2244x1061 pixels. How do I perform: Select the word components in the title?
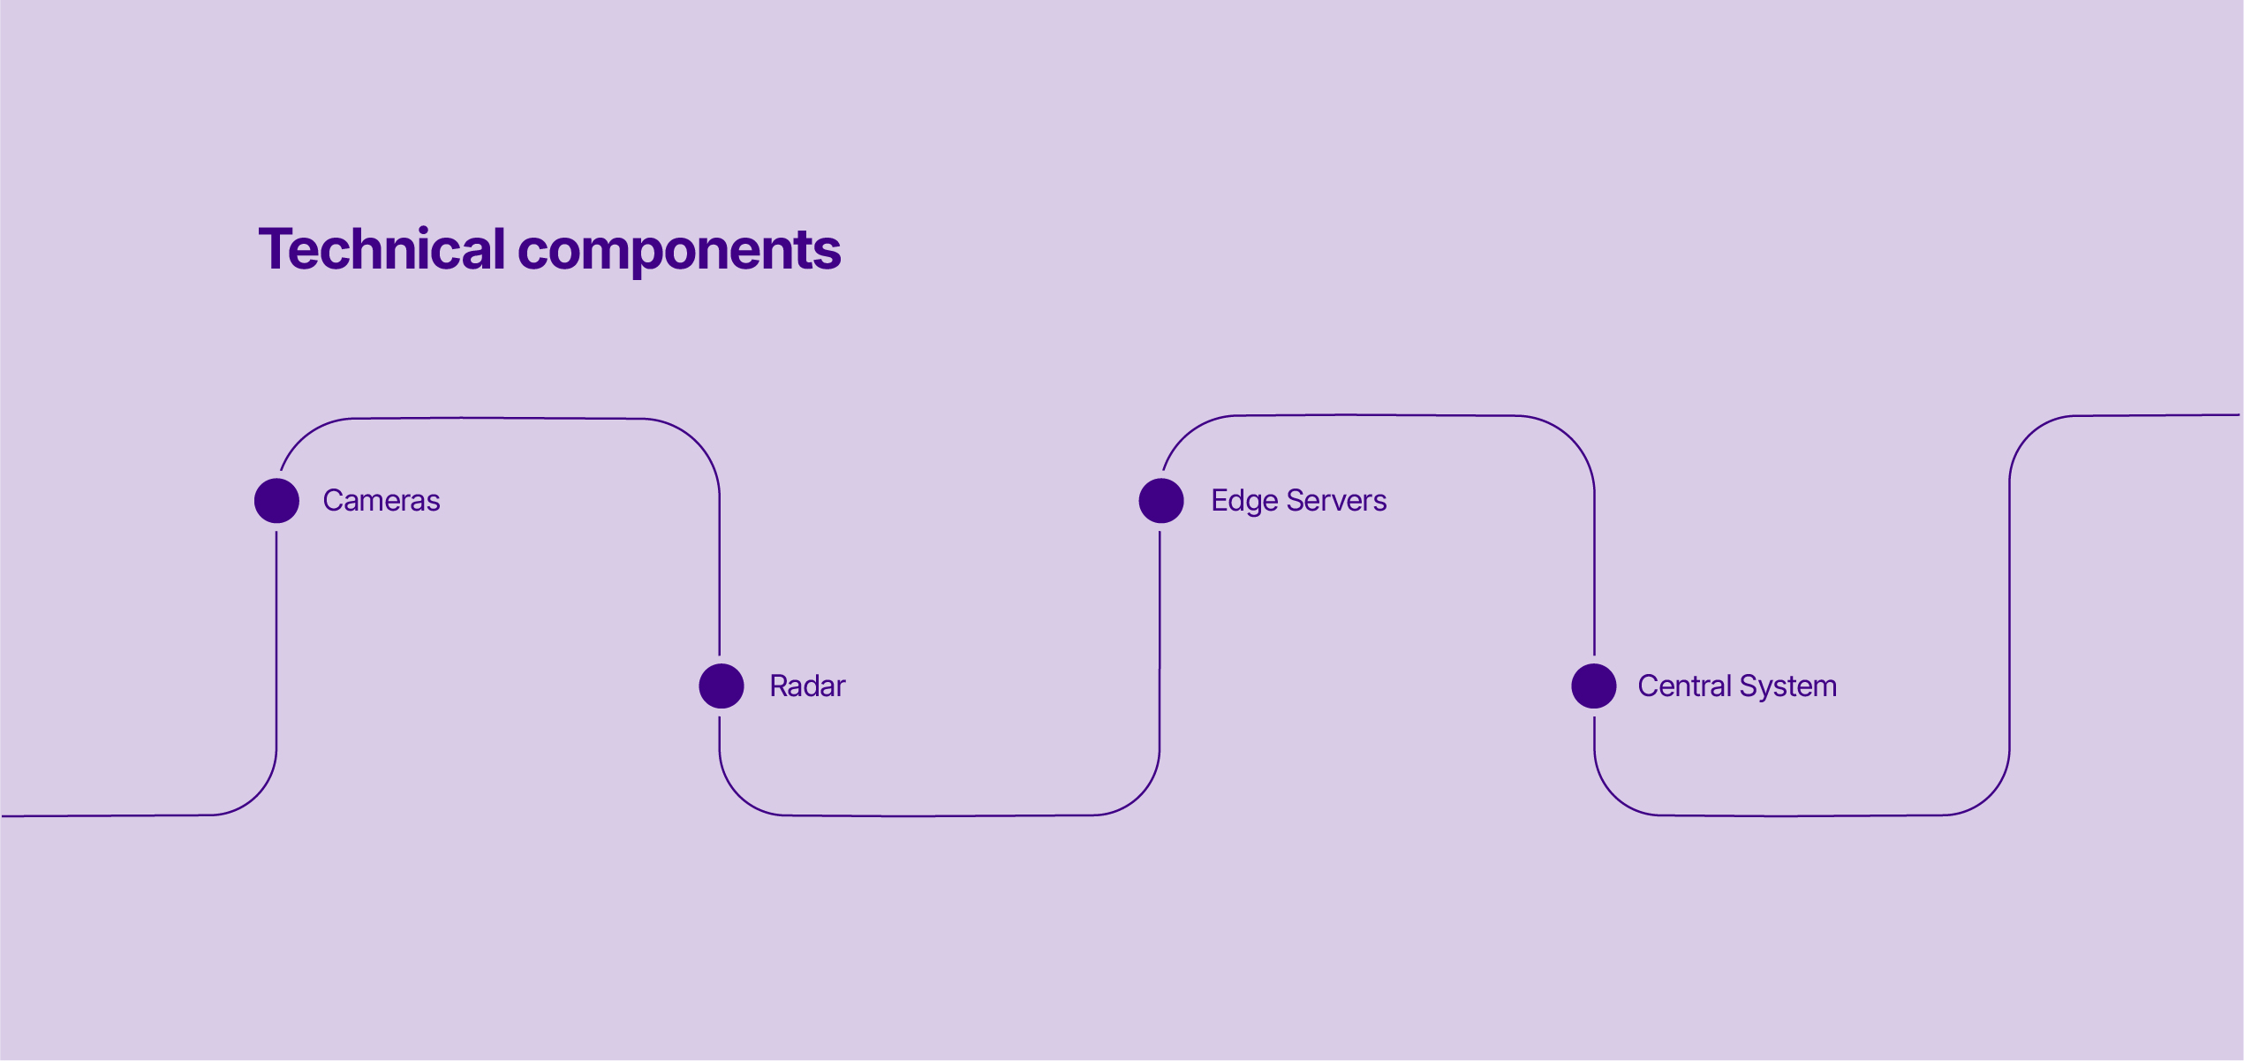tap(679, 253)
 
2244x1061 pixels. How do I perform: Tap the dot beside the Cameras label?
tap(276, 501)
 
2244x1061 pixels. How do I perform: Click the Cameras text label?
tap(382, 501)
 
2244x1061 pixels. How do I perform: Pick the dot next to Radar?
tap(722, 686)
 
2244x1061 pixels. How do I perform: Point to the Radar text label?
tap(807, 686)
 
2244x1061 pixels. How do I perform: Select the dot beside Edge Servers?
tap(1161, 501)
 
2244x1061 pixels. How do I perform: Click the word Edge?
tap(1245, 502)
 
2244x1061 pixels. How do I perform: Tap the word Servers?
tap(1336, 501)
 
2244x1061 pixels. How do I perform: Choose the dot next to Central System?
tap(1594, 686)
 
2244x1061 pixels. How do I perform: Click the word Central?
tap(1685, 686)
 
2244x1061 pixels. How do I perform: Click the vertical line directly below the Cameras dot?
tap(276, 640)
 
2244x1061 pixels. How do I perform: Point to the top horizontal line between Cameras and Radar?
tap(499, 418)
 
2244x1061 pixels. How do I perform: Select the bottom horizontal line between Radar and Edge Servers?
tap(939, 815)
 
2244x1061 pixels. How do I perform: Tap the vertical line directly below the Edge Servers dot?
tap(1160, 640)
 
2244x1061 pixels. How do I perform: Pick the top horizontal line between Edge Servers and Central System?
tap(1375, 415)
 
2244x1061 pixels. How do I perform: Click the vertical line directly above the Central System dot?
tap(1594, 574)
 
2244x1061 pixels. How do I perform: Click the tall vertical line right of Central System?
tap(2010, 616)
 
